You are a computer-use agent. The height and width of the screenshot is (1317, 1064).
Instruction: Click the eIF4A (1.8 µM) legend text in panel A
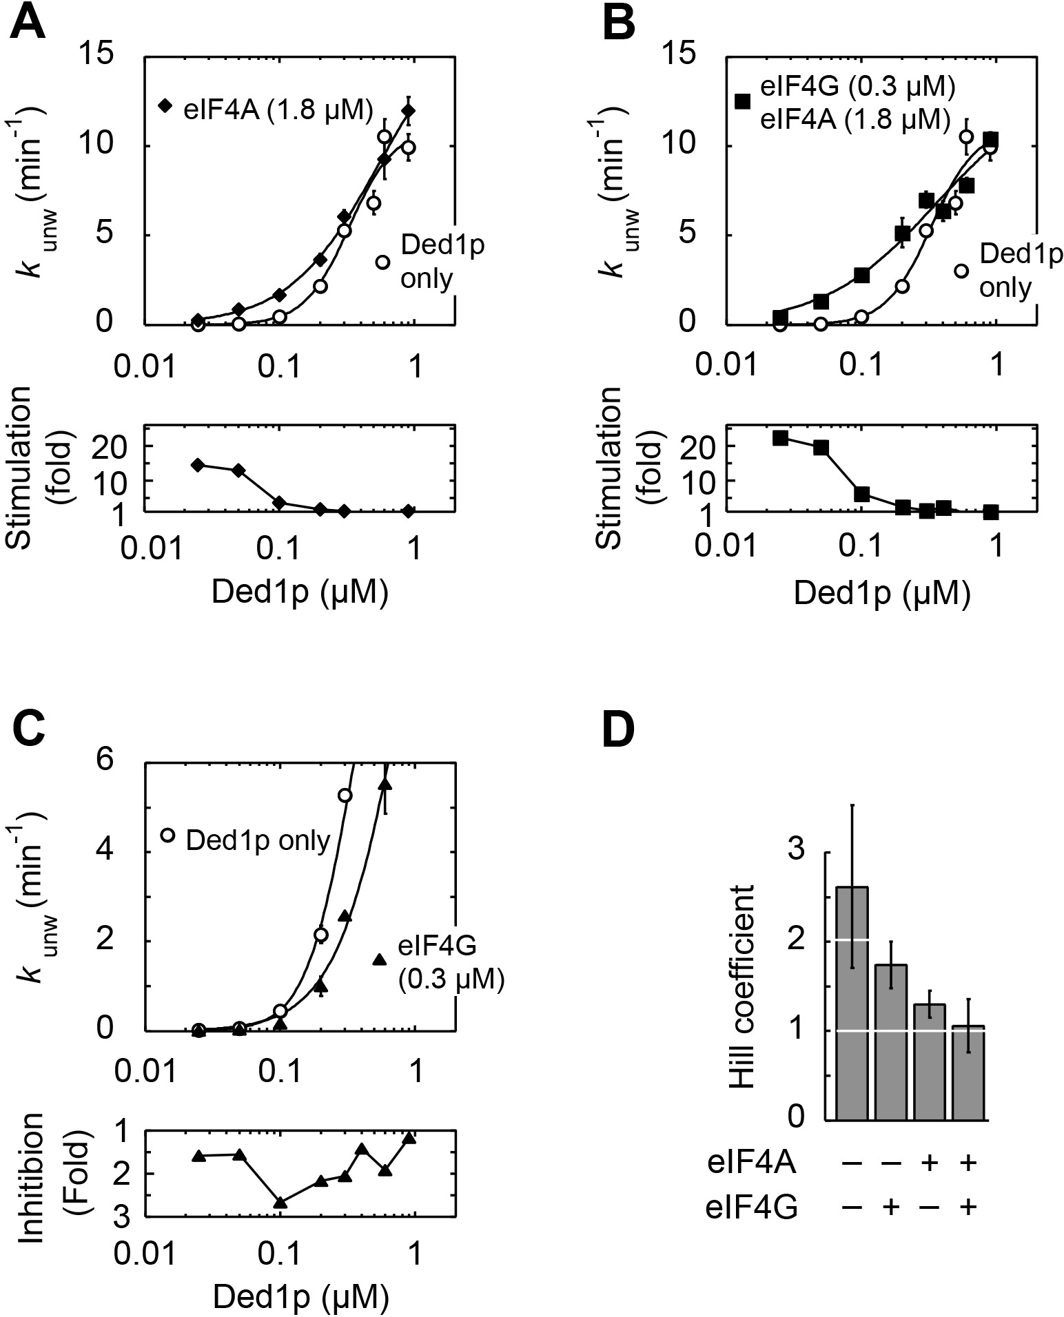coord(278,110)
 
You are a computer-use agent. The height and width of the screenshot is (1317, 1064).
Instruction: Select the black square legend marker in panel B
coord(741,101)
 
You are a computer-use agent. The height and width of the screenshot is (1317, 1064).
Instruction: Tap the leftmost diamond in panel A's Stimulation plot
coord(198,465)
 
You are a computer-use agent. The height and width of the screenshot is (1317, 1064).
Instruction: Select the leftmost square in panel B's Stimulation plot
coord(780,438)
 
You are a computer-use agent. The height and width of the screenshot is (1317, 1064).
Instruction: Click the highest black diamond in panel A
coord(409,111)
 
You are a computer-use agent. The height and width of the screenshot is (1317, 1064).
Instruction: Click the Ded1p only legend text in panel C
coord(258,840)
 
